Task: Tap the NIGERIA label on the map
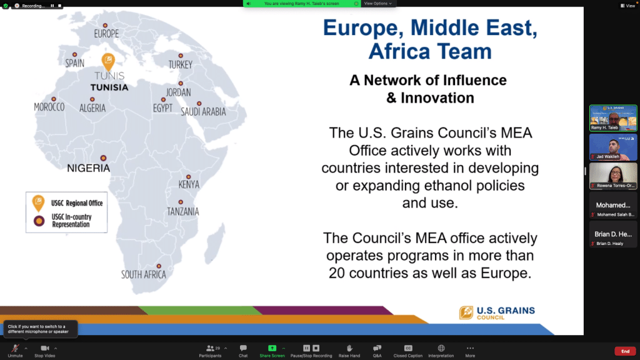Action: (88, 168)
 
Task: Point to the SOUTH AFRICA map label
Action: (144, 274)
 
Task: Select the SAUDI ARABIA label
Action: (203, 112)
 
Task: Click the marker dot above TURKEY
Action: (181, 54)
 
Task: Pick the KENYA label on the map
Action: (189, 184)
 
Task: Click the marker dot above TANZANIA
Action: (181, 202)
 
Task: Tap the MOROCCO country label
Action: (49, 107)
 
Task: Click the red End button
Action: (625, 351)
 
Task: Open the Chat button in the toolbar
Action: (243, 351)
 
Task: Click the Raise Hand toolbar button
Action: (349, 351)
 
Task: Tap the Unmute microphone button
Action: (15, 351)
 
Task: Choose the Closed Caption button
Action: (408, 351)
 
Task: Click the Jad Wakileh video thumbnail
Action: (613, 147)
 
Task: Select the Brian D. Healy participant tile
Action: (613, 234)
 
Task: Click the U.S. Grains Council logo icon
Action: (466, 312)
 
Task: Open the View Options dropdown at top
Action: (378, 3)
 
